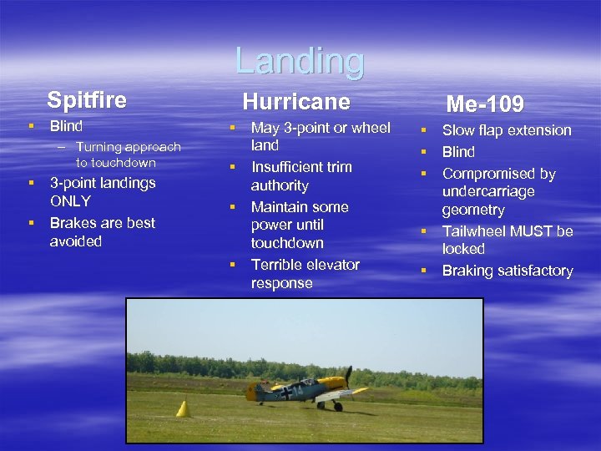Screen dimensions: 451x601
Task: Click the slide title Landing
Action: [300, 61]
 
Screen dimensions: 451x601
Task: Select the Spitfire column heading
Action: [87, 100]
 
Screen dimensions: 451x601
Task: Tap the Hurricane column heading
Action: [295, 102]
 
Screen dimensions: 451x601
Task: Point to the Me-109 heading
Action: [485, 104]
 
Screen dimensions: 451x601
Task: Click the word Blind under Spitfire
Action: [66, 127]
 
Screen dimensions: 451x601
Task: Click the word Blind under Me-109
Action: [458, 152]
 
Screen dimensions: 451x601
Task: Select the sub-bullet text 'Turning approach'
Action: [128, 147]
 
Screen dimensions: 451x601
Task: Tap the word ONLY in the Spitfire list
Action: [70, 201]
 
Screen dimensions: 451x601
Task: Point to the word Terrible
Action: [280, 265]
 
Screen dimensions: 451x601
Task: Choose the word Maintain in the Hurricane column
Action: [283, 206]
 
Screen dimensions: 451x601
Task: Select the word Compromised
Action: [498, 174]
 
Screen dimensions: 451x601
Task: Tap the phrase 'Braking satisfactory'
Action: [507, 271]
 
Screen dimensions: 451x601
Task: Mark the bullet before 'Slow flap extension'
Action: [423, 130]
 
